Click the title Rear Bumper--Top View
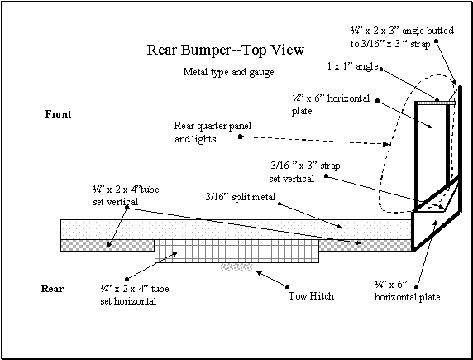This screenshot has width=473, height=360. [226, 50]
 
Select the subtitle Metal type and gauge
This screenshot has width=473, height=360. [229, 72]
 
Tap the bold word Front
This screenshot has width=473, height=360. [58, 114]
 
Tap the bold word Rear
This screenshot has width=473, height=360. [52, 289]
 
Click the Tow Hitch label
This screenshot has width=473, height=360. [311, 296]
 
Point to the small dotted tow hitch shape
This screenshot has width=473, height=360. [236, 267]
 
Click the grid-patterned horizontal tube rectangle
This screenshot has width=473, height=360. [236, 252]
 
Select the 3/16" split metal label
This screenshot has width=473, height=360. [241, 197]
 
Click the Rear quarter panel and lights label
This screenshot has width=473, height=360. [213, 132]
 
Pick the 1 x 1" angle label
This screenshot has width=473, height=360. [352, 66]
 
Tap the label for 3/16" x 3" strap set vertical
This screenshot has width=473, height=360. [304, 172]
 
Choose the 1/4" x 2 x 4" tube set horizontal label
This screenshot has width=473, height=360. [135, 295]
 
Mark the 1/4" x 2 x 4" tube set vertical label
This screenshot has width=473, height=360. [126, 195]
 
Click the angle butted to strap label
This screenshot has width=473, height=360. [402, 37]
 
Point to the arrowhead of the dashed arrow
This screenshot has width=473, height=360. [386, 144]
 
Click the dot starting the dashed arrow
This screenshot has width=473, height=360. [241, 137]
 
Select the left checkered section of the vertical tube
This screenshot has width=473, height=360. [107, 245]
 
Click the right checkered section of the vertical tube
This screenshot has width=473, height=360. [365, 245]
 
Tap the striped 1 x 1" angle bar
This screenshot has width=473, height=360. [436, 103]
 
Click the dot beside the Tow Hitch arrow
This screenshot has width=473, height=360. [288, 286]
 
